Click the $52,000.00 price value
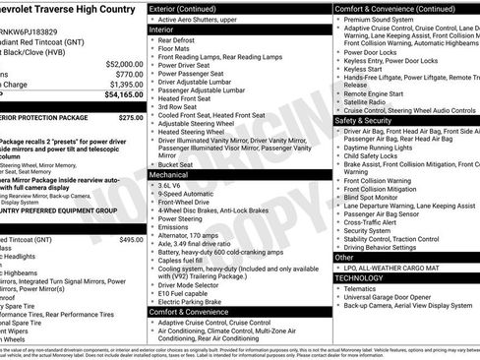pos(118,63)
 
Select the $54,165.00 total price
pos(118,95)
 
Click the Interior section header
pos(168,30)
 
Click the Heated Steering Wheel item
pos(197,131)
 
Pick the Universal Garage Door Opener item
pos(396,298)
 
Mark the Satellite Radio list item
pos(367,99)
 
